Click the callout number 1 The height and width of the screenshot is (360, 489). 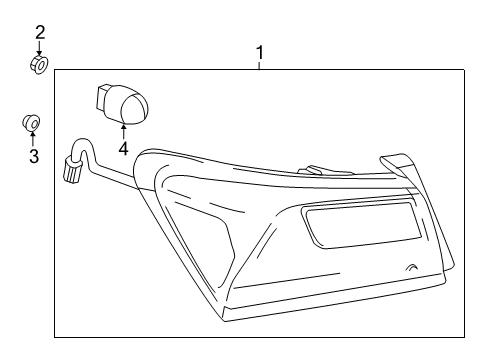(260, 50)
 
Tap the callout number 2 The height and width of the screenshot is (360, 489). (40, 33)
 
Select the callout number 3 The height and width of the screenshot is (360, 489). (33, 157)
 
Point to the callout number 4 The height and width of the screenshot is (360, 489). (124, 150)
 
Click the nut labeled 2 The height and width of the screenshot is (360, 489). (38, 65)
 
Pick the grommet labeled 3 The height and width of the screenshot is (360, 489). (32, 124)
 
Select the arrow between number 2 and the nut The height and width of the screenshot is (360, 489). (39, 49)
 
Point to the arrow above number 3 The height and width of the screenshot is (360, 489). (33, 139)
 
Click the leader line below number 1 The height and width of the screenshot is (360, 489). (260, 63)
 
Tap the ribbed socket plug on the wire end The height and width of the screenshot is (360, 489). (71, 171)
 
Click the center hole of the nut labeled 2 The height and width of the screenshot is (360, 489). (38, 65)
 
